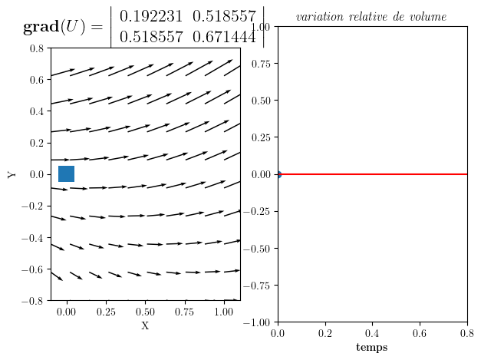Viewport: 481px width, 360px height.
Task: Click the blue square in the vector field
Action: [66, 174]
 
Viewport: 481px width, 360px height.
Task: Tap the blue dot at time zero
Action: [278, 174]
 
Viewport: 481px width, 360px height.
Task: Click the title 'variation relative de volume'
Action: [371, 17]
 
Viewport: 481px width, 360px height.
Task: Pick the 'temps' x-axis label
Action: [371, 348]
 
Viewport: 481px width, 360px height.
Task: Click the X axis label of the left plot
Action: [145, 326]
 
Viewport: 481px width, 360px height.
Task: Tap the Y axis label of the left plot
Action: [12, 174]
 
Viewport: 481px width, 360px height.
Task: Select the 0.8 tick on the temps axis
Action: [466, 313]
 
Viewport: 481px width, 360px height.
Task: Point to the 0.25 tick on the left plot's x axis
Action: [106, 313]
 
